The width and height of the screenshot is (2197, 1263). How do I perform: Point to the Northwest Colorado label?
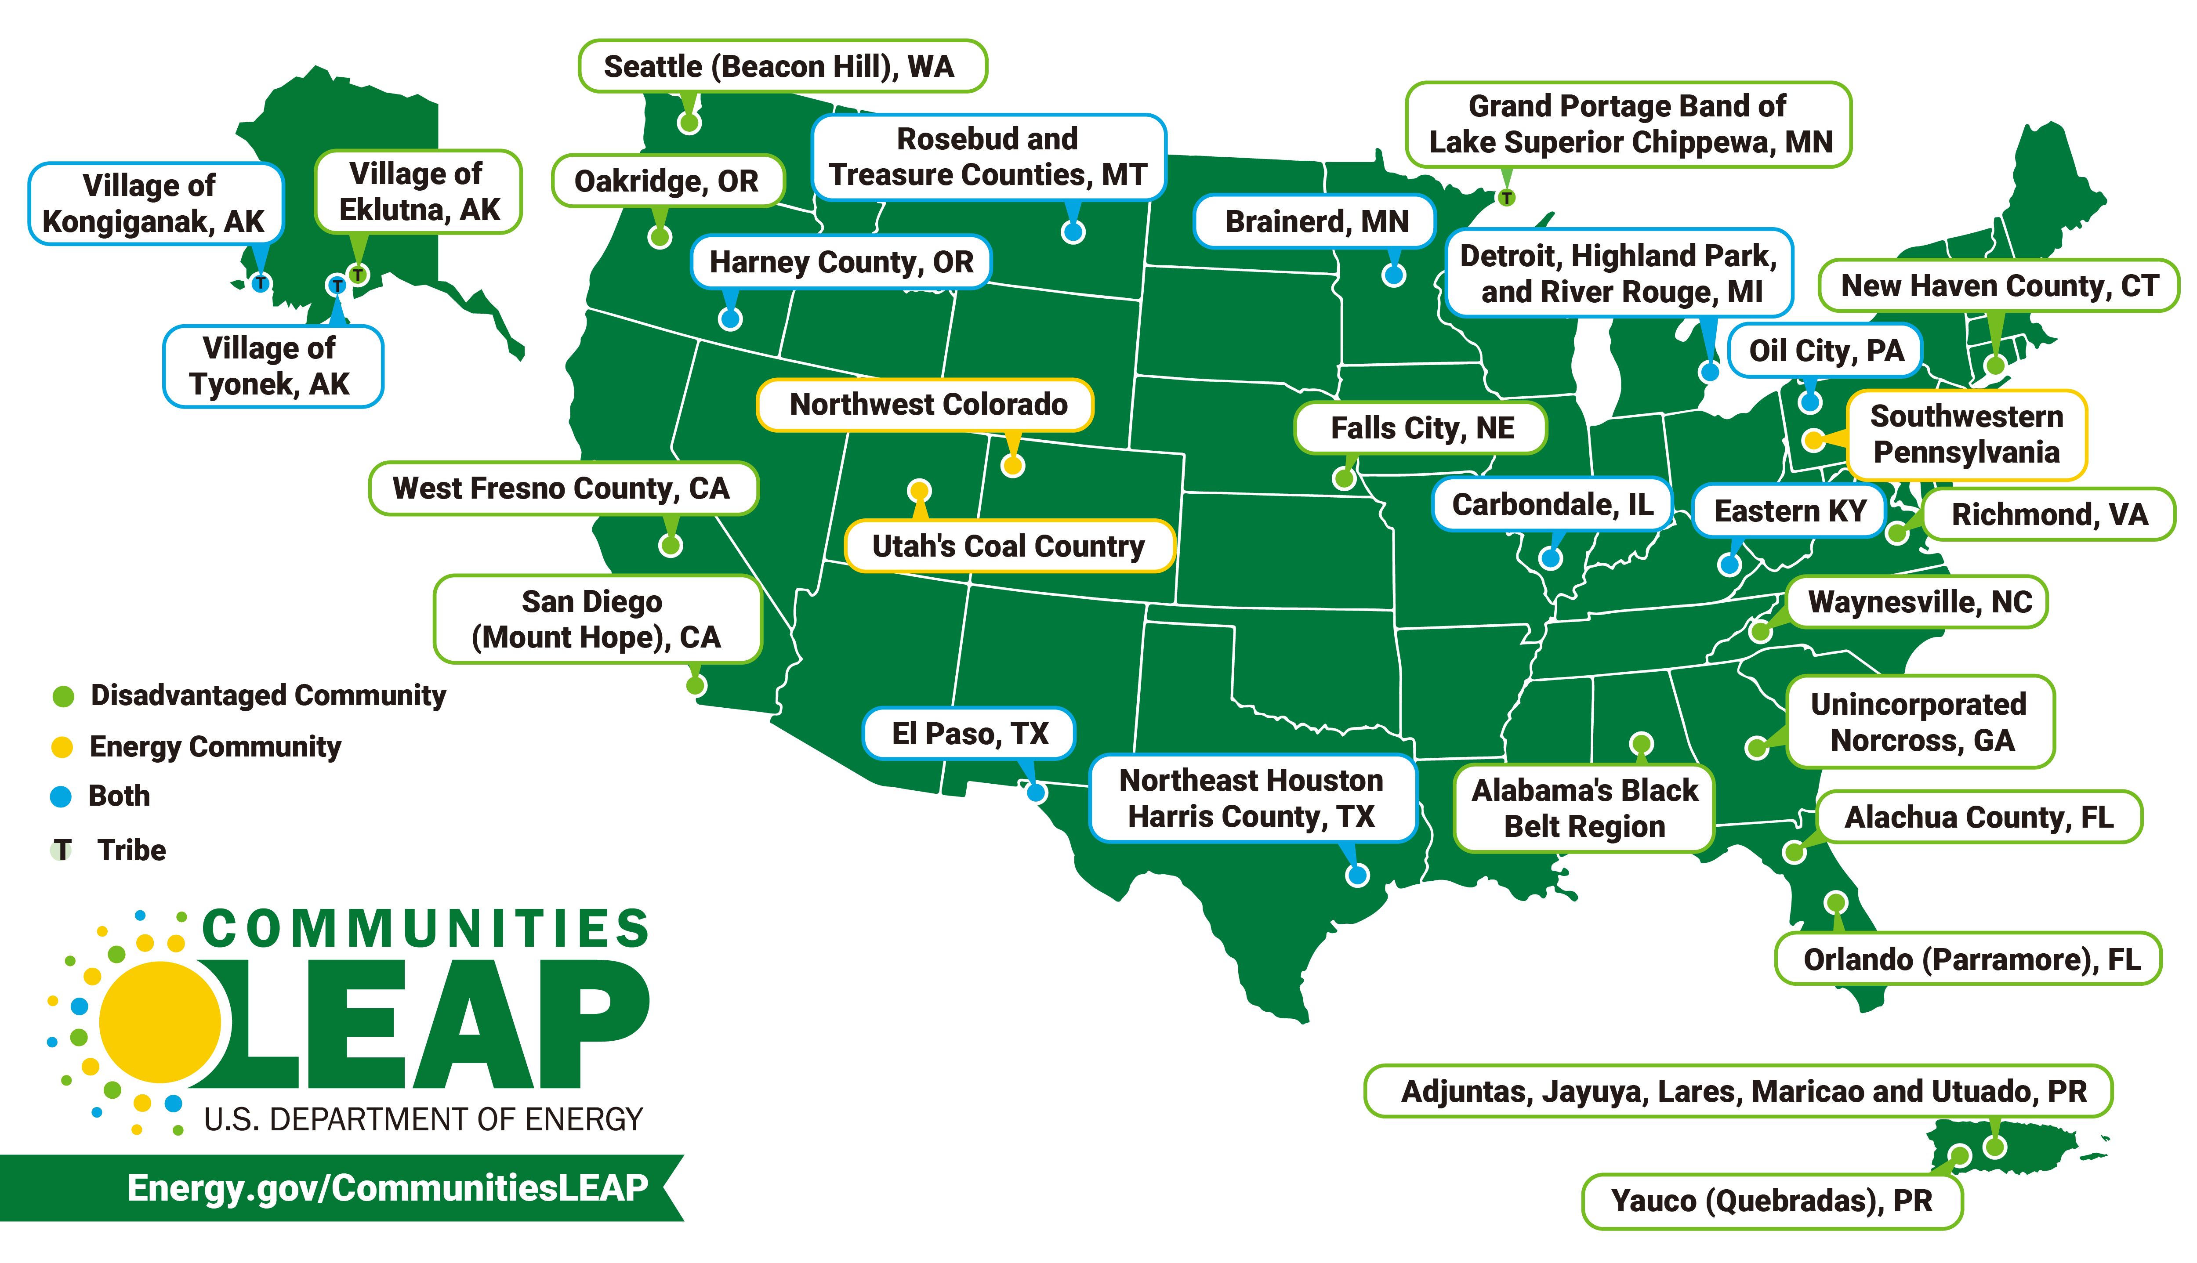click(x=925, y=404)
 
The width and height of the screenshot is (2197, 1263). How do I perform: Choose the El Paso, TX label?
click(x=969, y=734)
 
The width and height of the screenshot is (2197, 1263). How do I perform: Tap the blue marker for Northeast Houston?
click(x=1357, y=875)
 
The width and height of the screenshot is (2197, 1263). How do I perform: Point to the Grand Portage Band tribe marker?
click(x=1507, y=198)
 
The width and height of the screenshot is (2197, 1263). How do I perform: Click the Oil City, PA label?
click(x=1825, y=351)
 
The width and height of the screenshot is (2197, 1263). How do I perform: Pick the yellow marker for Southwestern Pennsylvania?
click(x=1814, y=440)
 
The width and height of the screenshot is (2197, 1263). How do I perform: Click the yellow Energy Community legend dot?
click(x=62, y=747)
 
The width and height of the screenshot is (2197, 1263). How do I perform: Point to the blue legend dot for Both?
click(x=61, y=796)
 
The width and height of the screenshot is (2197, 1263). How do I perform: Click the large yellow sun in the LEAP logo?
click(x=160, y=1022)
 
